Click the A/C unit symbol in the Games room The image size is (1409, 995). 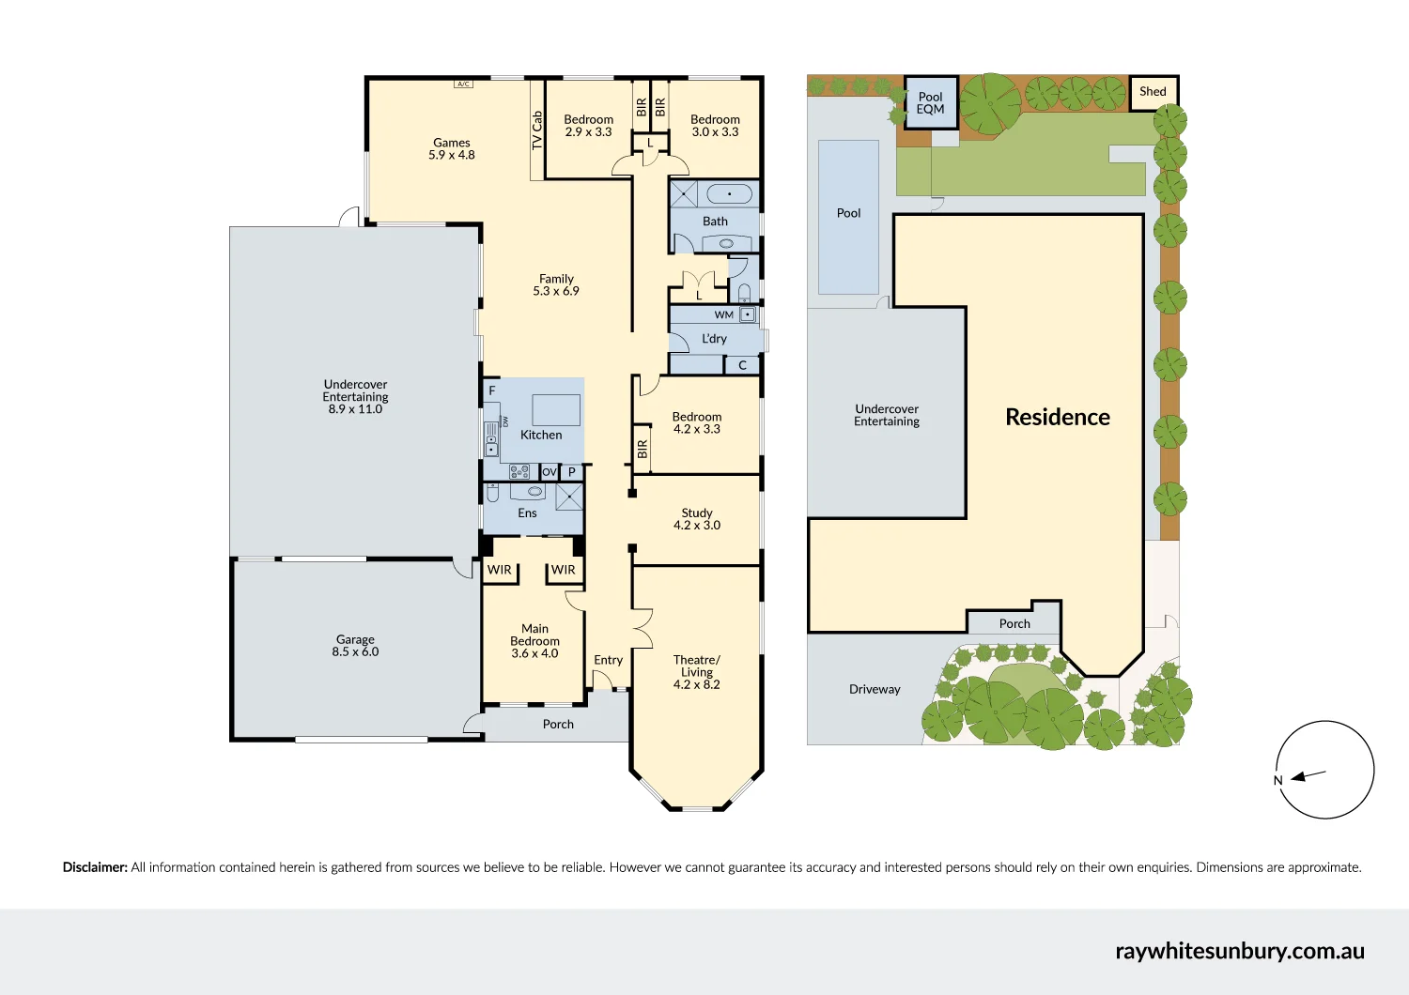(463, 84)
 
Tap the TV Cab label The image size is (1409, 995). (537, 130)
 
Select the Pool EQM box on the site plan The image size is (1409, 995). (931, 102)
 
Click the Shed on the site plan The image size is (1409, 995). (1153, 92)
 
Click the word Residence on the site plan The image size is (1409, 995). (1058, 417)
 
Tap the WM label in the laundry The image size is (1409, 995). (723, 314)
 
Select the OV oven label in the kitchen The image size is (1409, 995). (550, 471)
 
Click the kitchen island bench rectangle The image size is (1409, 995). (556, 410)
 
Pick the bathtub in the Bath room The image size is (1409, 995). (730, 193)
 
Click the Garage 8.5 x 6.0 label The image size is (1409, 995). (355, 646)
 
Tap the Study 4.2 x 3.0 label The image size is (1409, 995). (697, 519)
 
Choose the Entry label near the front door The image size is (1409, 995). (609, 660)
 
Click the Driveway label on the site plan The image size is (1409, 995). (875, 690)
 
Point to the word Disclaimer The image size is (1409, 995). (95, 867)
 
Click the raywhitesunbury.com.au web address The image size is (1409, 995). (1240, 951)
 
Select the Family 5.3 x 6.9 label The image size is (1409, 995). (556, 284)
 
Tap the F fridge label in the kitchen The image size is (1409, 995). (492, 390)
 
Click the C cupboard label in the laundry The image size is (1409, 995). (742, 365)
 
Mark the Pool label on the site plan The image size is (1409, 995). (848, 213)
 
